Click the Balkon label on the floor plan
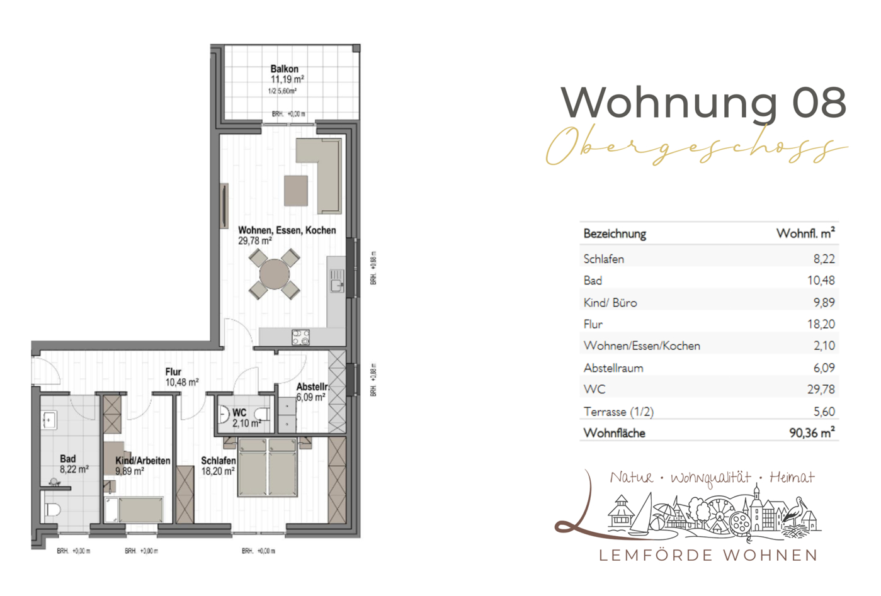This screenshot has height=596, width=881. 285,69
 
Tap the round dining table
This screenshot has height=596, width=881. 275,274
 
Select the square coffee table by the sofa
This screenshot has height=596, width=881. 296,190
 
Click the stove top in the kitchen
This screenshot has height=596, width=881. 300,337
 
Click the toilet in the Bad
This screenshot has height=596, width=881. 52,509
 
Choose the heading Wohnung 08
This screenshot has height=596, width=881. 703,102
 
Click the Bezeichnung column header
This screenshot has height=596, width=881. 615,234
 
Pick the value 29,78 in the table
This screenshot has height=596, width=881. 821,390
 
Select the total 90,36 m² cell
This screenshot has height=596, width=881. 812,433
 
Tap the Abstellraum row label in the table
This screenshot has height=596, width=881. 613,368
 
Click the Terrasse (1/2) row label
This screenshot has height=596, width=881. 618,412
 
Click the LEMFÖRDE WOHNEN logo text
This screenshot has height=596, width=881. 708,555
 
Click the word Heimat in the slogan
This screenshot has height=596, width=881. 792,478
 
